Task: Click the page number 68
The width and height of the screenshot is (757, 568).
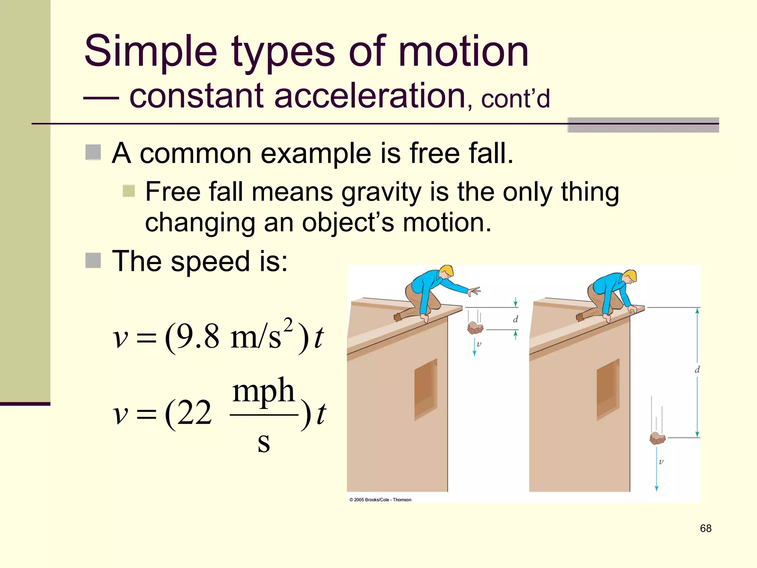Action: pyautogui.click(x=705, y=528)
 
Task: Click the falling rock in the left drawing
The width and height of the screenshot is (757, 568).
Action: pyautogui.click(x=475, y=328)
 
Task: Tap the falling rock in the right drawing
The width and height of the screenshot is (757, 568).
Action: pyautogui.click(x=657, y=438)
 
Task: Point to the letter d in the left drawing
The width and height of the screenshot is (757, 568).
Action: pyautogui.click(x=515, y=319)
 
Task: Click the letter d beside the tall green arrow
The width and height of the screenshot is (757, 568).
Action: pyautogui.click(x=697, y=369)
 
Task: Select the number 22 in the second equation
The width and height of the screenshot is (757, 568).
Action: pyautogui.click(x=194, y=413)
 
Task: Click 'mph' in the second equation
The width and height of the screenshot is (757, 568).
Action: pyautogui.click(x=263, y=391)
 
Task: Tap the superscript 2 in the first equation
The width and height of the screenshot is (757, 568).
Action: pyautogui.click(x=288, y=325)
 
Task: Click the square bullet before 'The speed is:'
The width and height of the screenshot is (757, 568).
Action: pyautogui.click(x=93, y=260)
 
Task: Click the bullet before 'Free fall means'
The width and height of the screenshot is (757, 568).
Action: pyautogui.click(x=129, y=191)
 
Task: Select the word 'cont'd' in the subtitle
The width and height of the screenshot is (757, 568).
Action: pyautogui.click(x=515, y=99)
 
